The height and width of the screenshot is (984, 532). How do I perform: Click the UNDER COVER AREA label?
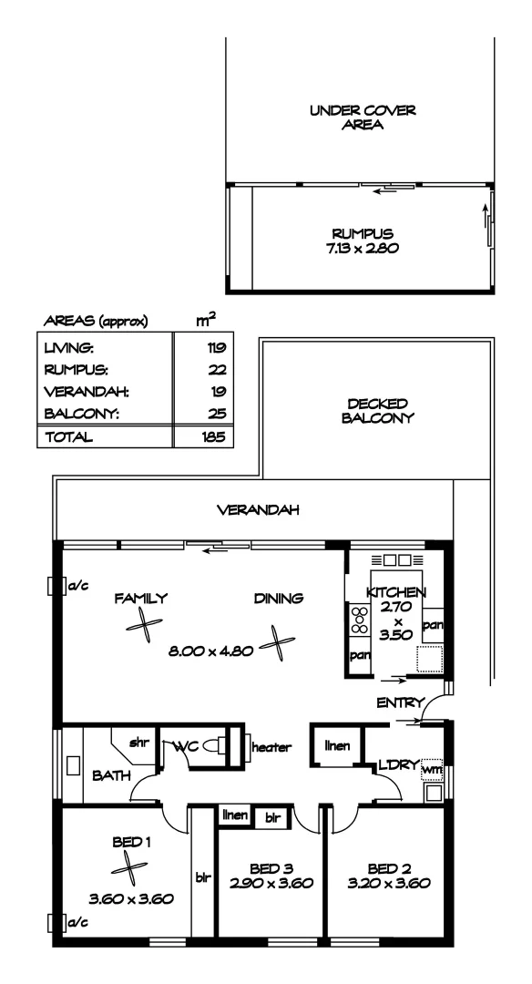362,118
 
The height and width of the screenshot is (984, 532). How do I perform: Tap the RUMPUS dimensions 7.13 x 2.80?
362,247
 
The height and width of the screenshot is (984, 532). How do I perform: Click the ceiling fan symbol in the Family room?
143,627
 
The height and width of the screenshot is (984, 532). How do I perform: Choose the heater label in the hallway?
271,747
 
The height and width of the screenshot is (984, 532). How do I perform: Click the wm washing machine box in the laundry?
433,770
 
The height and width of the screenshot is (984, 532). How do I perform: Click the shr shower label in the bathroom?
138,743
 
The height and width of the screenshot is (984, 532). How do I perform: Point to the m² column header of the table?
206,319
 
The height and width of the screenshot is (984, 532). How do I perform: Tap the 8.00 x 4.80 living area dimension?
210,652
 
